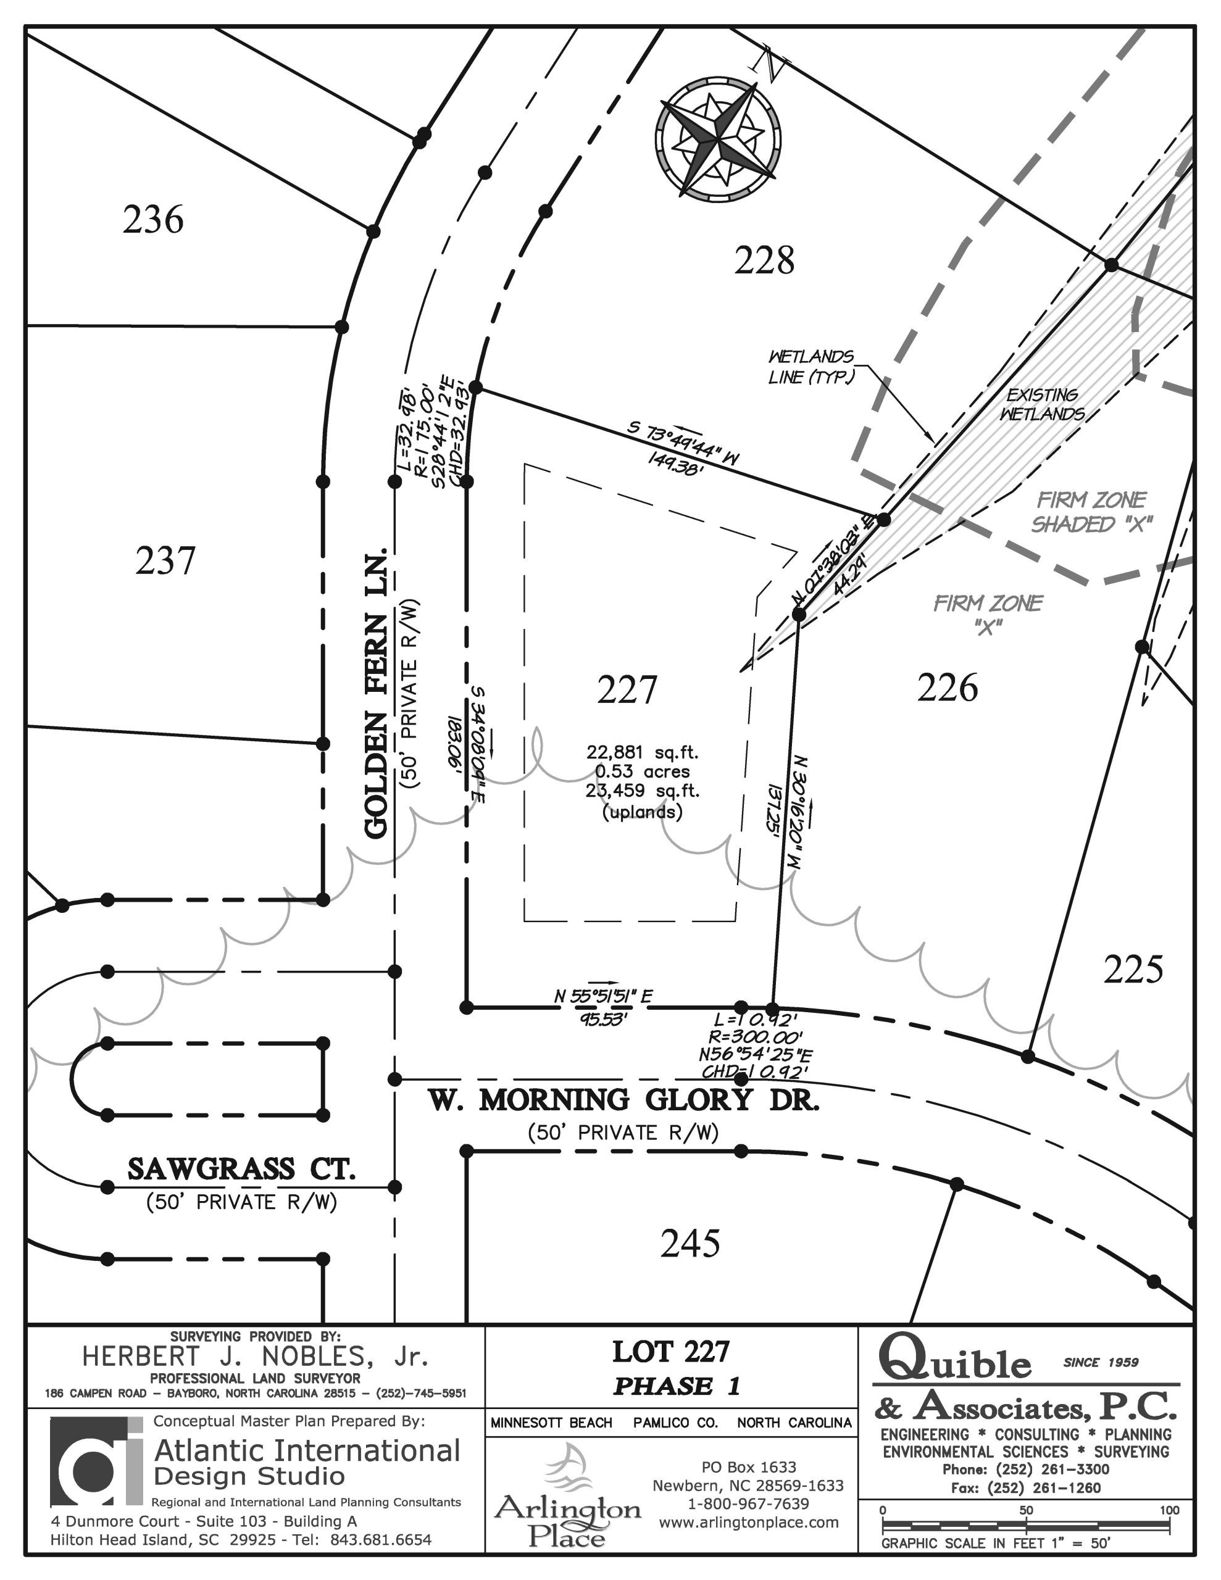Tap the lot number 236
tap(152, 219)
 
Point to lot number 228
tap(764, 260)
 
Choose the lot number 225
tap(1133, 969)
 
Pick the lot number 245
tap(691, 1244)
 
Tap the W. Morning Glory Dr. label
tap(624, 1100)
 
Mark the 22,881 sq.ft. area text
tap(643, 752)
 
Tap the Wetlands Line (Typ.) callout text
tap(811, 367)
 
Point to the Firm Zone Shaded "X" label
tap(1091, 512)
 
